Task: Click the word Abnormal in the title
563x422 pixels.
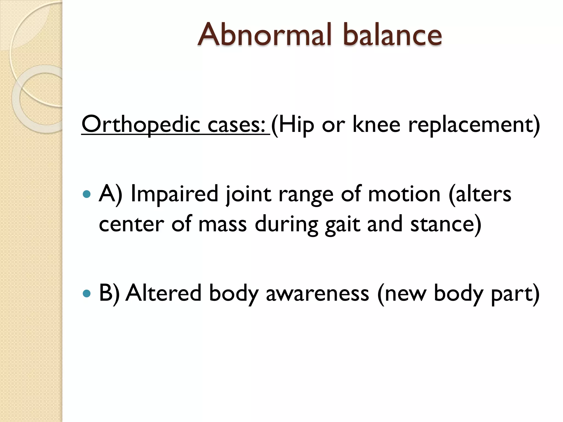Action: click(264, 35)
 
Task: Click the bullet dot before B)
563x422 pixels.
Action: click(87, 294)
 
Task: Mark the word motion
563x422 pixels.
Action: click(404, 194)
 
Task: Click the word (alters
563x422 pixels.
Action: click(479, 194)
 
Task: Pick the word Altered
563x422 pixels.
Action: click(163, 293)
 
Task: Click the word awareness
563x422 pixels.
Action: click(317, 293)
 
